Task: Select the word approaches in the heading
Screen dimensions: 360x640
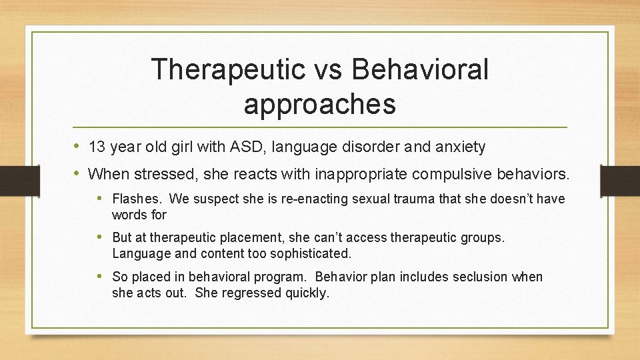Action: (320, 104)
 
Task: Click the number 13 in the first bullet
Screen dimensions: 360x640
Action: (97, 147)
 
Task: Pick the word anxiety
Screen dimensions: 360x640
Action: (461, 147)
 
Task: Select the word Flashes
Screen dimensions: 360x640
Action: (137, 199)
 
